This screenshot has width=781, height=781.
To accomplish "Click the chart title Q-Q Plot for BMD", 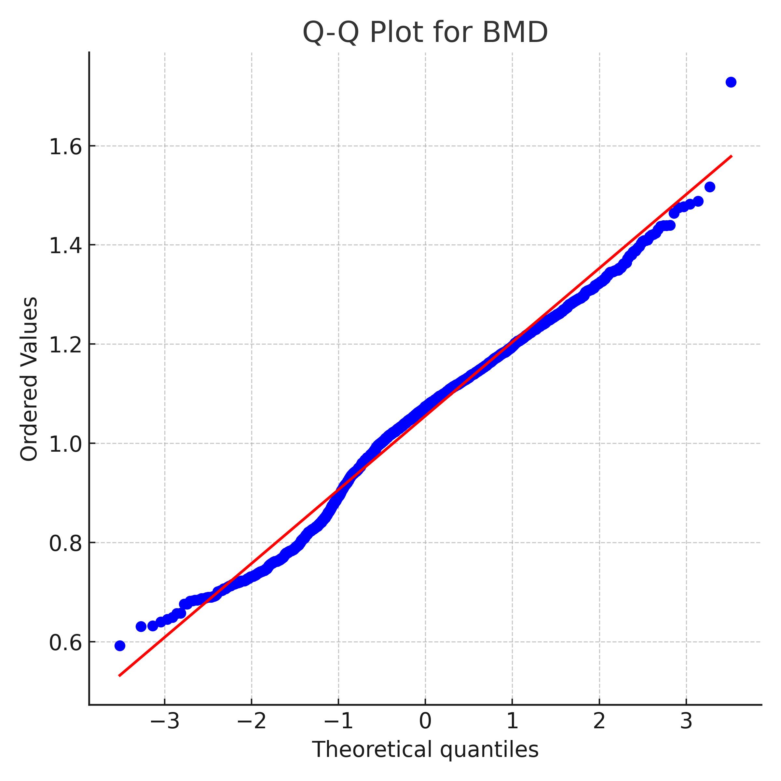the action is click(x=425, y=32).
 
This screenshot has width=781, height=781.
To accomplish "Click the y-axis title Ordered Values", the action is click(x=29, y=379).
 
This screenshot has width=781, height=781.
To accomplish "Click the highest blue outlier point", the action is click(x=731, y=82).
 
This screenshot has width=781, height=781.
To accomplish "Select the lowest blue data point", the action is click(x=120, y=646).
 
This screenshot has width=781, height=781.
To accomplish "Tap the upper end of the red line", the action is click(x=732, y=156).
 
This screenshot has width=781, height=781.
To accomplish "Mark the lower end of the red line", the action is click(x=119, y=676).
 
